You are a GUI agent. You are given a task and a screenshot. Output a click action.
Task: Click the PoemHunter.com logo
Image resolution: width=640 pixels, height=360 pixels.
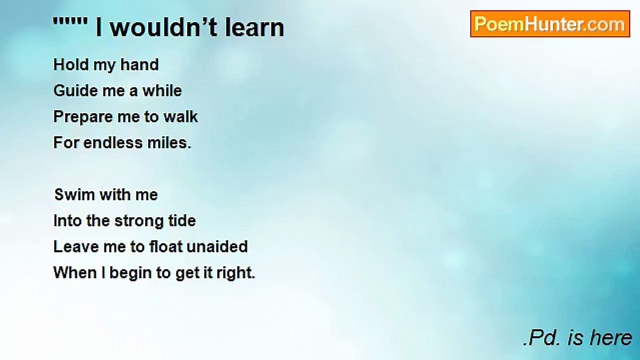(x=550, y=24)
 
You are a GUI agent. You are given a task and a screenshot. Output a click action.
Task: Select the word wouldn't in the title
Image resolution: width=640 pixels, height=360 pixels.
(x=163, y=27)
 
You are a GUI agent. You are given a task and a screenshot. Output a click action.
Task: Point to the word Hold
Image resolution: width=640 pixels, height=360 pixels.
(x=71, y=64)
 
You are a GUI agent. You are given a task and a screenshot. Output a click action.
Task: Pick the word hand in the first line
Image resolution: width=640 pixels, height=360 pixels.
(x=139, y=64)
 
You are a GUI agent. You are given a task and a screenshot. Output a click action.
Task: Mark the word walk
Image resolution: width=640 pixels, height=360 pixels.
(x=180, y=116)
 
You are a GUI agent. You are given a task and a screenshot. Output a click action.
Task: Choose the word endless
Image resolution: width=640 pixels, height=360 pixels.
(x=113, y=142)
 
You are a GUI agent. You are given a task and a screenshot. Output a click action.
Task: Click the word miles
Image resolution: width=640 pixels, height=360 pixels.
(x=169, y=142)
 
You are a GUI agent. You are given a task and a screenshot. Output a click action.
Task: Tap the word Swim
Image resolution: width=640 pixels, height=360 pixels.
(x=74, y=194)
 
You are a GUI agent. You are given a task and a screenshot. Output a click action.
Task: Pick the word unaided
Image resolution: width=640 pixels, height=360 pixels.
(x=217, y=246)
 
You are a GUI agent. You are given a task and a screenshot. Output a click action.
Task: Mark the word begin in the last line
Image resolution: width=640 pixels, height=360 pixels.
(x=130, y=273)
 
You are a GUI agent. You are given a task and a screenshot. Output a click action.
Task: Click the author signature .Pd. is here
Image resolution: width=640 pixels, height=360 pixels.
(x=577, y=337)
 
